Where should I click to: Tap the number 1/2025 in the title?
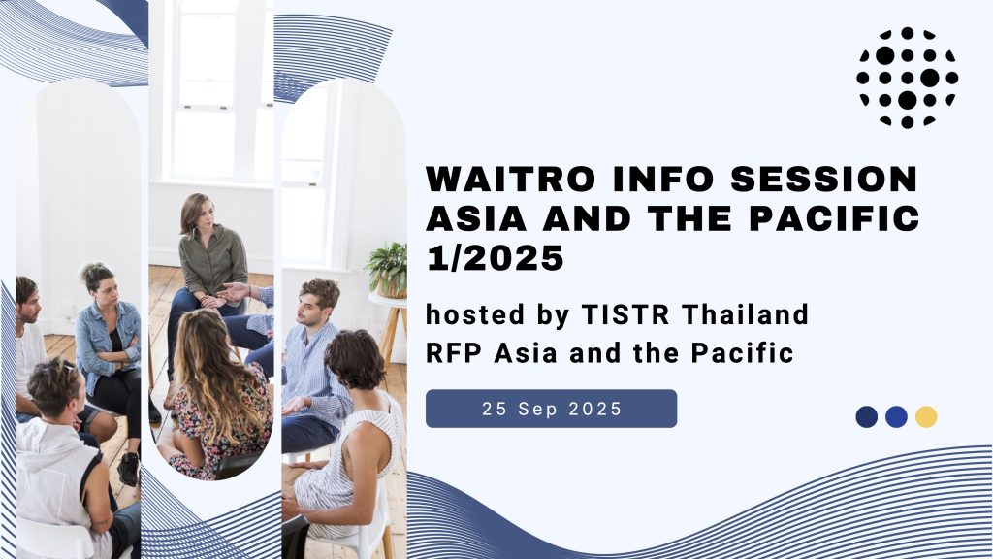click(x=496, y=258)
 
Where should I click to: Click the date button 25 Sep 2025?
click(x=551, y=409)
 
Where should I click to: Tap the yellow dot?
click(x=926, y=417)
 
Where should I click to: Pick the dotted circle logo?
click(x=907, y=78)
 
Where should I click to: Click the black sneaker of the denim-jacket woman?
click(x=129, y=469)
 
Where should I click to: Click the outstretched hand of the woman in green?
click(x=233, y=292)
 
